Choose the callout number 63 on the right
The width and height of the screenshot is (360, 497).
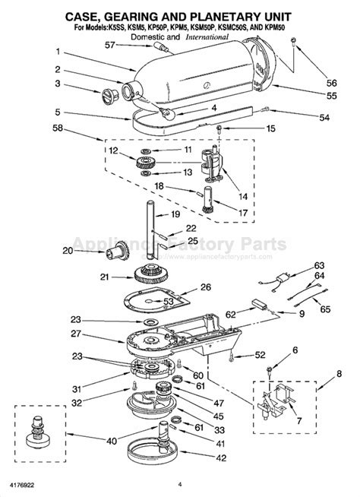[320, 266]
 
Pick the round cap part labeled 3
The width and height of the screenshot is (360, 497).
[109, 94]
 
